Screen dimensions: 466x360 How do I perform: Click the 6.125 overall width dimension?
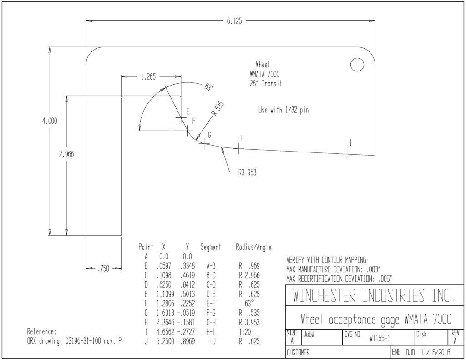pyautogui.click(x=234, y=21)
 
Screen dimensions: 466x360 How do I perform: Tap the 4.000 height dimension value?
pyautogui.click(x=50, y=121)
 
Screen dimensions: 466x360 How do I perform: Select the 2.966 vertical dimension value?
pyautogui.click(x=66, y=154)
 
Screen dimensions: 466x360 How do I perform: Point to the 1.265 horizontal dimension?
pyautogui.click(x=148, y=77)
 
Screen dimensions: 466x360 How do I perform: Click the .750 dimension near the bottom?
pyautogui.click(x=103, y=269)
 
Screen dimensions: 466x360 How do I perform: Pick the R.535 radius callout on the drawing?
pyautogui.click(x=218, y=109)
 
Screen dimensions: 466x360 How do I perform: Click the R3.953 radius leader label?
pyautogui.click(x=247, y=172)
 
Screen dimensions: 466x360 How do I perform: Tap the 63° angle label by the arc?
pyautogui.click(x=209, y=87)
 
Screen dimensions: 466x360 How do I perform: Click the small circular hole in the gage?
pyautogui.click(x=357, y=65)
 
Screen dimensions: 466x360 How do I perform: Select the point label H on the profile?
pyautogui.click(x=242, y=138)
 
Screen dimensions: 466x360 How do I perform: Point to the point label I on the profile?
pyautogui.click(x=351, y=143)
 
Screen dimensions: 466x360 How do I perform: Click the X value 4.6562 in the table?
pyautogui.click(x=165, y=332)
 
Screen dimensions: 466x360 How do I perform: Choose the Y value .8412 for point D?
pyautogui.click(x=187, y=284)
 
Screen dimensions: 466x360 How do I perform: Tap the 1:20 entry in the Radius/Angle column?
pyautogui.click(x=245, y=332)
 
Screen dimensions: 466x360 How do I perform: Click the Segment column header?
pyautogui.click(x=211, y=247)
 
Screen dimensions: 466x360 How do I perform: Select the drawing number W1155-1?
pyautogui.click(x=380, y=338)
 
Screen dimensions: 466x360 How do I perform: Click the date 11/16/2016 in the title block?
pyautogui.click(x=436, y=353)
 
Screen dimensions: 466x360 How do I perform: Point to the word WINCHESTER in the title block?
pyautogui.click(x=324, y=295)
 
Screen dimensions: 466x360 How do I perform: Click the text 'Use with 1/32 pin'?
pyautogui.click(x=284, y=110)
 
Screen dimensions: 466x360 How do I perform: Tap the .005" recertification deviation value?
pyautogui.click(x=385, y=279)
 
